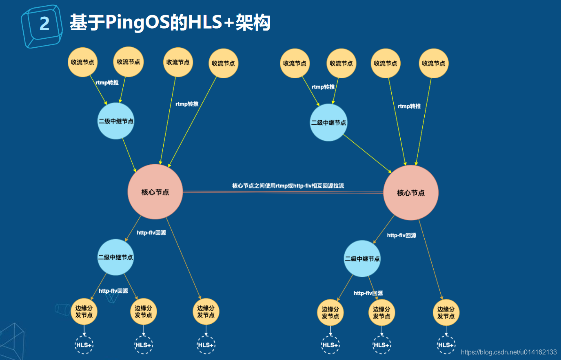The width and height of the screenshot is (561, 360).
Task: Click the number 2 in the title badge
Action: [44, 24]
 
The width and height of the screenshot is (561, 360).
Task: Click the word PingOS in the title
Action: [137, 23]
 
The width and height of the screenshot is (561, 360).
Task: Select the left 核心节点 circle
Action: [155, 192]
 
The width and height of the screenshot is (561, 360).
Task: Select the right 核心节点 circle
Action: [411, 193]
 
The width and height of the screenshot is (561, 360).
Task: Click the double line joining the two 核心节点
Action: [283, 192]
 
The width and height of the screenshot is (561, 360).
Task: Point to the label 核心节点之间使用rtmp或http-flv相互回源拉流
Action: [288, 186]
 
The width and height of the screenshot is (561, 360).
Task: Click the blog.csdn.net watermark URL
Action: [509, 352]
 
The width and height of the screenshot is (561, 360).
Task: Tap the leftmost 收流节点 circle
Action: [82, 62]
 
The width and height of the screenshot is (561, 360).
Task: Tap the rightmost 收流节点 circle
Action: [434, 63]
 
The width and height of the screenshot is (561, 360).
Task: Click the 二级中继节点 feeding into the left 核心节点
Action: [116, 121]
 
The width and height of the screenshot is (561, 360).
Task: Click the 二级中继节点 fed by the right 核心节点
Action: [362, 259]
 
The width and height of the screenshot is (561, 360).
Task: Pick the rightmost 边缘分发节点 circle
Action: [446, 313]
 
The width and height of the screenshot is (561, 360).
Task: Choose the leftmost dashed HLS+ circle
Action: [84, 345]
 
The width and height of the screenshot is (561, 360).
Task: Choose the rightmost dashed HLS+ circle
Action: [446, 345]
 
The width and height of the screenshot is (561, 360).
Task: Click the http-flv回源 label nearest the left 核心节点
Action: [151, 233]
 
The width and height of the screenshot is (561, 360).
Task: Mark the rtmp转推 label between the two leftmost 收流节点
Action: [107, 83]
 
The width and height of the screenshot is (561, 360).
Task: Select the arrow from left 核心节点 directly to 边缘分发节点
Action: [184, 259]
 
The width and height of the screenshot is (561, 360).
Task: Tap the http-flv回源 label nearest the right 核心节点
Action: [401, 235]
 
